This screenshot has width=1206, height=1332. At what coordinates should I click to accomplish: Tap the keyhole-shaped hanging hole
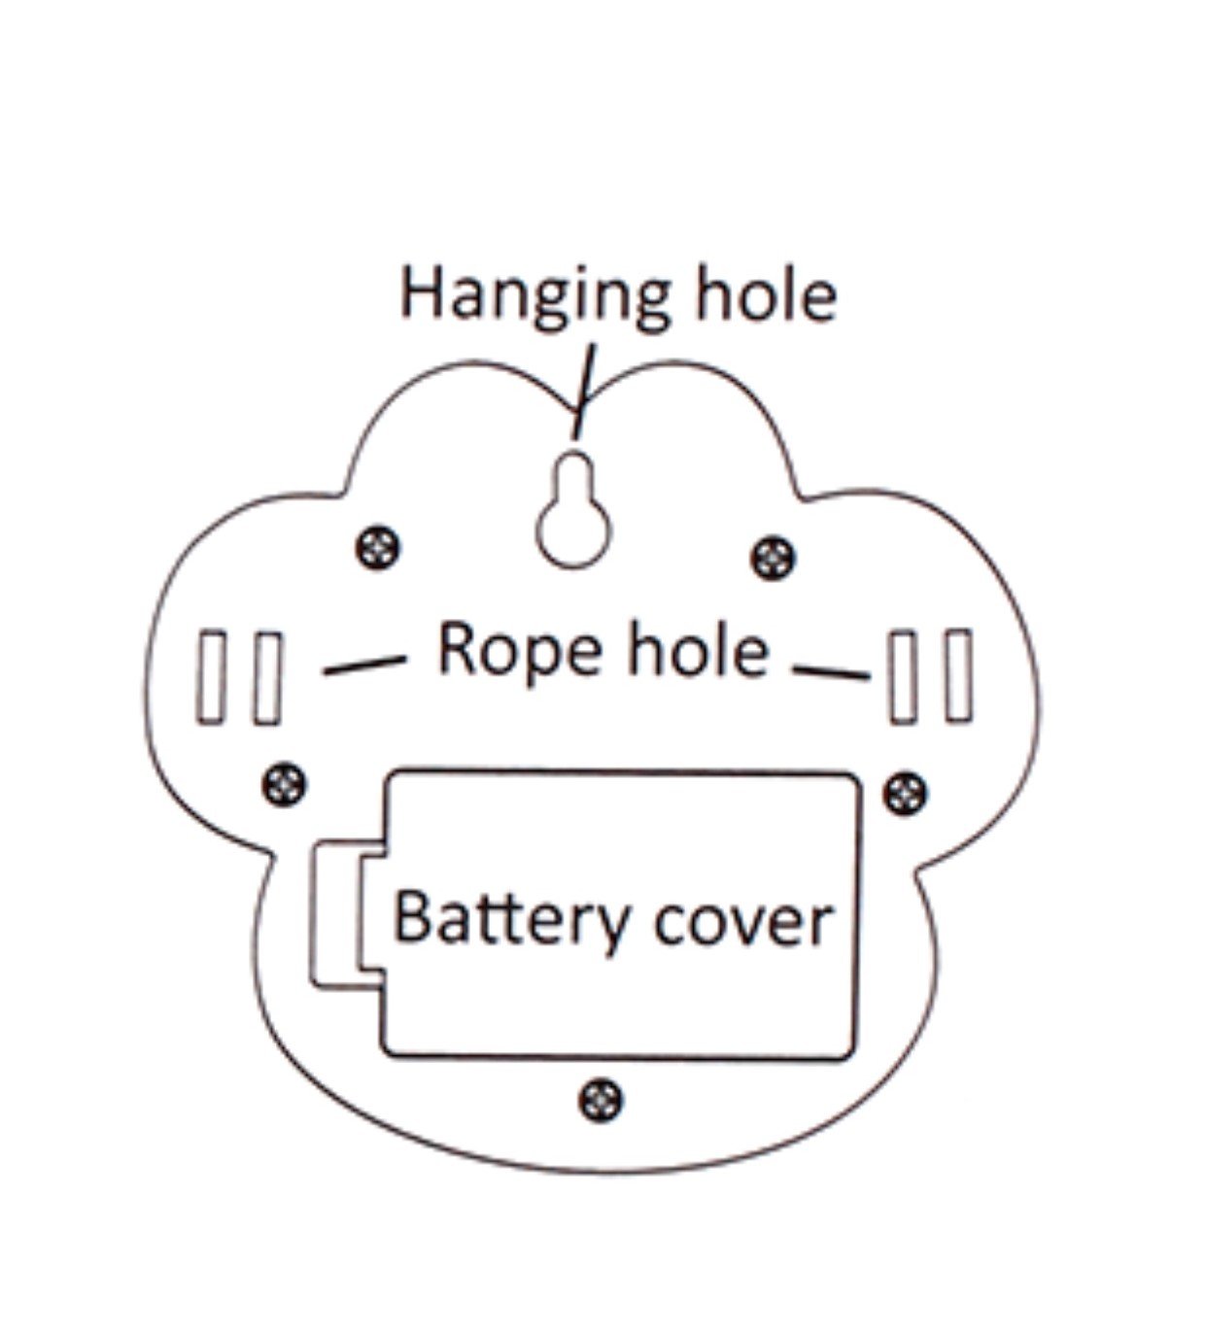point(574,510)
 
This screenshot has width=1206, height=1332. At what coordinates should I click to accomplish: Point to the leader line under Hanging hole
point(585,392)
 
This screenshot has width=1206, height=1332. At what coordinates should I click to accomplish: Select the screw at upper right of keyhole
point(773,558)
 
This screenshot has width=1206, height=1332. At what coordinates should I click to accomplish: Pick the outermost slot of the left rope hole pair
point(211,676)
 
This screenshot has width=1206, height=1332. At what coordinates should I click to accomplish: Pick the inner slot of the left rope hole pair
point(268,678)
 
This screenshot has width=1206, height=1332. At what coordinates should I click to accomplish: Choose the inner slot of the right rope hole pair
point(903,676)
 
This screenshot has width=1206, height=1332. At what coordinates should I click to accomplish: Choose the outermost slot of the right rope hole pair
point(959,675)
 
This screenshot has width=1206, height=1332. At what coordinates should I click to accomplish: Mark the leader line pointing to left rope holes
point(364,666)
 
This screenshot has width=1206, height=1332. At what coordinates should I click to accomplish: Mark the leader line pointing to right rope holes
point(832,672)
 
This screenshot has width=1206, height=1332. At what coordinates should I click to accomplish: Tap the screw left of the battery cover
point(285,784)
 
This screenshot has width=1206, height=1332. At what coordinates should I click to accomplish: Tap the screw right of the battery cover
point(905,794)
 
